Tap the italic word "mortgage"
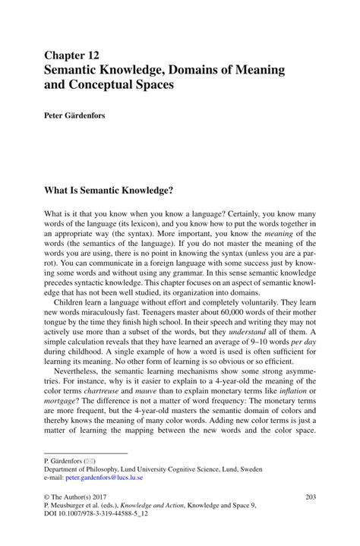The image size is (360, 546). pos(65,402)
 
